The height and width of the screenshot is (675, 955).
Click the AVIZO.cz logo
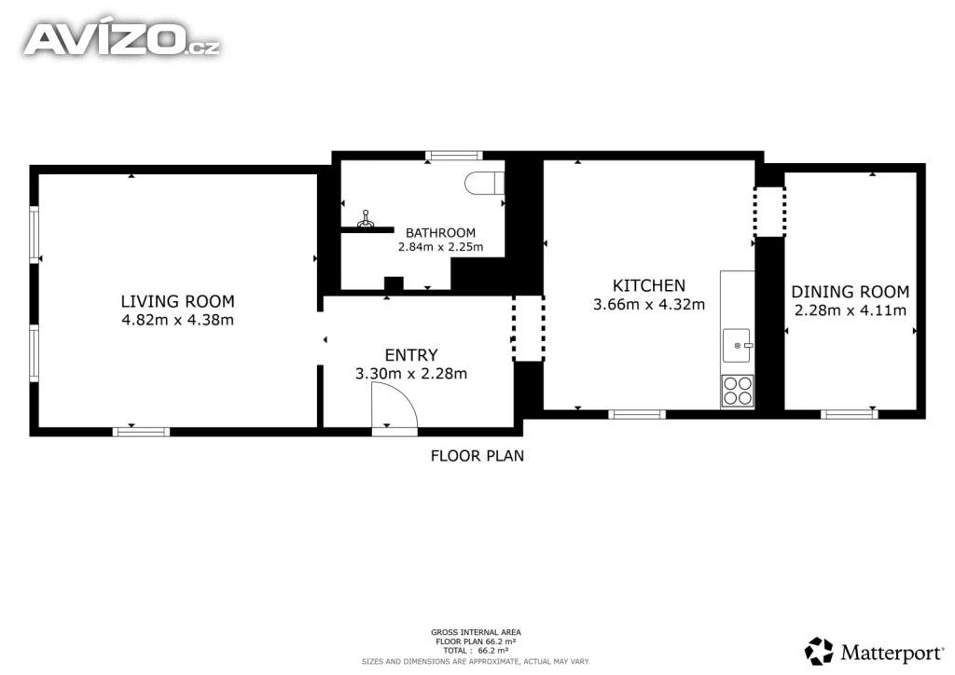pyautogui.click(x=122, y=39)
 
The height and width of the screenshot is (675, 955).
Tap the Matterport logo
pyautogui.click(x=874, y=652)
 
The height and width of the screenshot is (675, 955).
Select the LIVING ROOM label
pyautogui.click(x=177, y=301)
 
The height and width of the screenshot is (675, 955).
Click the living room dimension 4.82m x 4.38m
pyautogui.click(x=177, y=320)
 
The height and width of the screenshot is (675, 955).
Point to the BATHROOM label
pyautogui.click(x=440, y=232)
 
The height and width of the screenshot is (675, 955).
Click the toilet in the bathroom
pyautogui.click(x=485, y=183)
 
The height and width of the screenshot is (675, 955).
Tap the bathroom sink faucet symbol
pyautogui.click(x=366, y=219)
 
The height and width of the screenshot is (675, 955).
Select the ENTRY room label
pyautogui.click(x=411, y=355)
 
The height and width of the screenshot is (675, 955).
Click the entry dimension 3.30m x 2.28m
pyautogui.click(x=411, y=374)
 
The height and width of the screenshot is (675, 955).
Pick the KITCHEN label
pyautogui.click(x=649, y=285)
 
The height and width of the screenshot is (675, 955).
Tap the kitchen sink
pyautogui.click(x=737, y=346)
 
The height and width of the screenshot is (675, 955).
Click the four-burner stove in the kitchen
pyautogui.click(x=737, y=391)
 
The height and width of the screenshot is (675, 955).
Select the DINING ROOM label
pyautogui.click(x=851, y=292)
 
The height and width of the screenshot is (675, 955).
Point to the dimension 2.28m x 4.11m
pyautogui.click(x=851, y=310)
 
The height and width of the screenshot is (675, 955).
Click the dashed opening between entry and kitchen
pyautogui.click(x=528, y=329)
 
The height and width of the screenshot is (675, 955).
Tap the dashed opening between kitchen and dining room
pyautogui.click(x=769, y=212)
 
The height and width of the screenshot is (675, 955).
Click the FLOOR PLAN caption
pyautogui.click(x=477, y=456)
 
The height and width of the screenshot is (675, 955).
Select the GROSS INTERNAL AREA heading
pyautogui.click(x=476, y=632)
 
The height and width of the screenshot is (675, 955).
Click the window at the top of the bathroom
pyautogui.click(x=454, y=156)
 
